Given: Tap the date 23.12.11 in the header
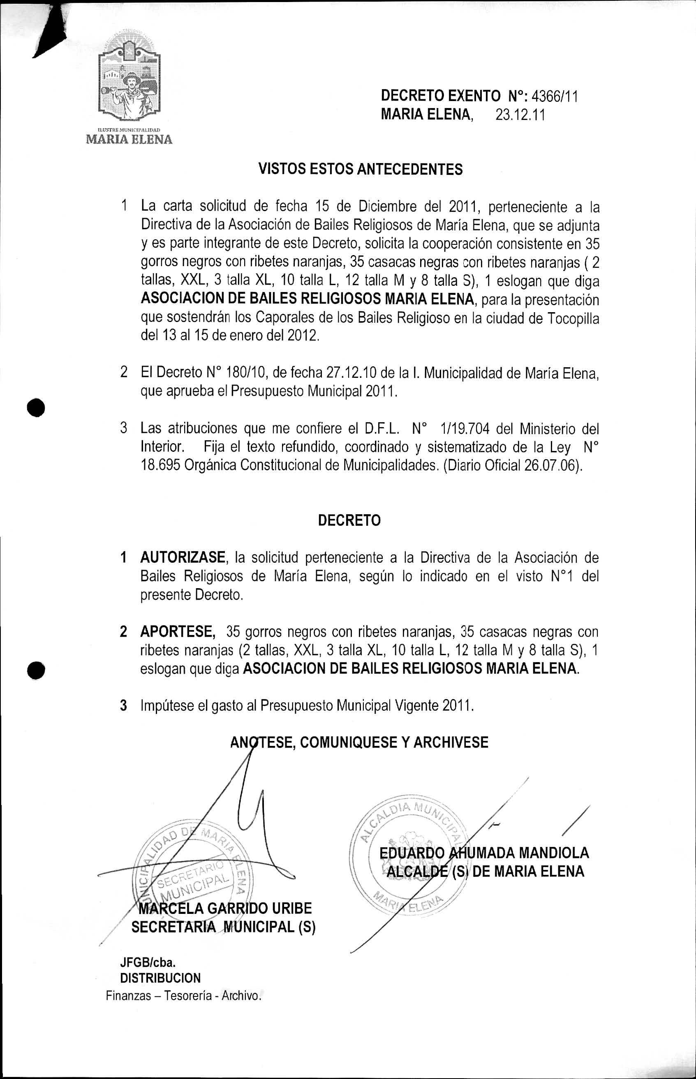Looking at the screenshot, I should (x=520, y=115).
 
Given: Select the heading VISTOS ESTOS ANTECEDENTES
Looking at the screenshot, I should (x=360, y=169).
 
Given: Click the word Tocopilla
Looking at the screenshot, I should (x=573, y=319).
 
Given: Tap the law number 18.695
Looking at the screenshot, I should (x=160, y=465).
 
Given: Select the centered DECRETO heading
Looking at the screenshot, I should (x=349, y=520).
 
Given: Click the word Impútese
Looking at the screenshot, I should (x=167, y=705).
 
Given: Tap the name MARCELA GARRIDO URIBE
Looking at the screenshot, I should (x=225, y=909).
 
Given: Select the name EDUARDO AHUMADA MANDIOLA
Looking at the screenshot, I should (x=484, y=853).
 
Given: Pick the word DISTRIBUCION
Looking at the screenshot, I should (x=160, y=978).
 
